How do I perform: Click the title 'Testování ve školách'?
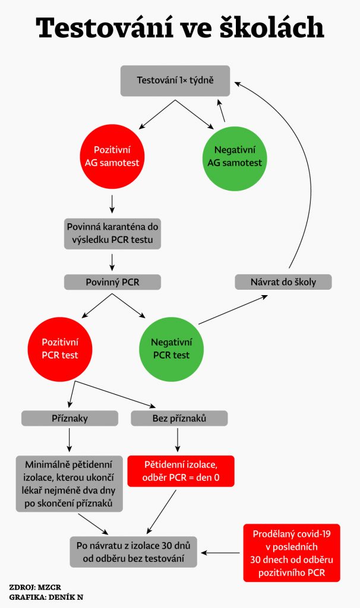180,28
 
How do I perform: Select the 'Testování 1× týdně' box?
175,80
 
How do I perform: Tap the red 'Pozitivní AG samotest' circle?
112,156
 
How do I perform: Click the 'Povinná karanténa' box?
112,234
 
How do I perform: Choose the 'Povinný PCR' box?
112,282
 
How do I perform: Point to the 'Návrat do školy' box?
283,281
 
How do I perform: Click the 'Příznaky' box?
70,419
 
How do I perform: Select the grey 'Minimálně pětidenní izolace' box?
70,483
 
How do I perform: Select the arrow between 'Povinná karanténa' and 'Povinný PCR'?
112,261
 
